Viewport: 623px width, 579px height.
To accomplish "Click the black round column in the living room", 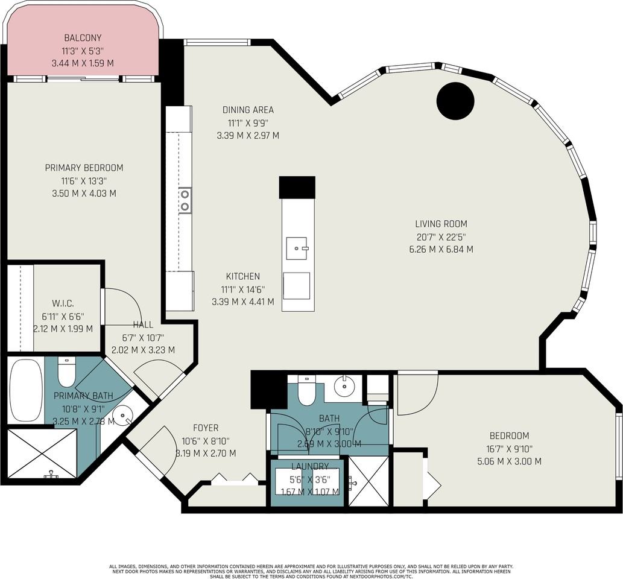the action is coord(455,101).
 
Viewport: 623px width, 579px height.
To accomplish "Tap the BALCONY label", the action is coord(83,38).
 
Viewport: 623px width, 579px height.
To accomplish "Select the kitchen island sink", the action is coord(297,248).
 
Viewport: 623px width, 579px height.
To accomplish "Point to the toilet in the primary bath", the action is coord(66,372).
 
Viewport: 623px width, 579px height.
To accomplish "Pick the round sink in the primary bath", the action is coord(125,416).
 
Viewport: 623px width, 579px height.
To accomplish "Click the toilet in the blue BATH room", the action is coord(306,390).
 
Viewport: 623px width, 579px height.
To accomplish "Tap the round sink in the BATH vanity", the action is coord(344,384).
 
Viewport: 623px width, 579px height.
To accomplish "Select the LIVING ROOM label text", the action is coord(441,224).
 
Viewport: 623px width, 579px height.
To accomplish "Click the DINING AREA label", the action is coord(248,110).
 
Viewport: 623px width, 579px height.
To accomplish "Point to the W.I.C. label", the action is coord(63,303).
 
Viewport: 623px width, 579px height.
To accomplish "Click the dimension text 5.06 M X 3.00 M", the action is coord(509,461).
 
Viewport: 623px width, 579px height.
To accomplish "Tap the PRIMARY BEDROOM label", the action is coord(84,168).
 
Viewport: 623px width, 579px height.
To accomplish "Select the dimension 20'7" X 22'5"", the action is coord(441,237).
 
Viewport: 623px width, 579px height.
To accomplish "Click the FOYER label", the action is coord(206,428).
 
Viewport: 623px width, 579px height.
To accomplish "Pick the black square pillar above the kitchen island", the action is coord(297,188).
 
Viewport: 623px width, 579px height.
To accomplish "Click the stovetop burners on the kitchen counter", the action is coord(185,200).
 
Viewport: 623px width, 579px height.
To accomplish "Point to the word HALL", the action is coord(143,324).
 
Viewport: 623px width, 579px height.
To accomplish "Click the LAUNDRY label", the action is coord(311,466).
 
